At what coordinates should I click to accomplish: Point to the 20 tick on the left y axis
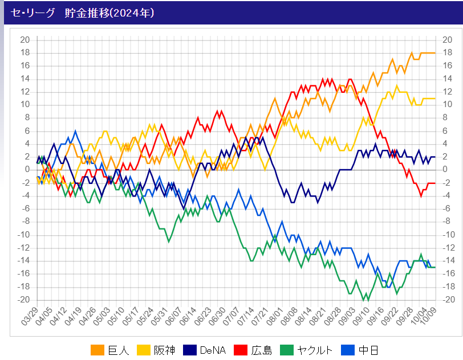(x=25, y=40)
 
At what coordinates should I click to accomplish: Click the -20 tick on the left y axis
(x=23, y=300)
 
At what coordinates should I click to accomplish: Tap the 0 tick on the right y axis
(x=442, y=170)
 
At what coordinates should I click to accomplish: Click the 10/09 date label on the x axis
(x=431, y=317)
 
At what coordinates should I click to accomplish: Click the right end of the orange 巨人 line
(x=435, y=53)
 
